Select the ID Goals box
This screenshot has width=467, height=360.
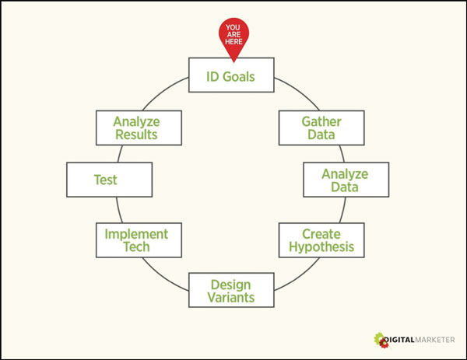(x=231, y=75)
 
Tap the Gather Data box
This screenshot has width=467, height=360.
(x=321, y=128)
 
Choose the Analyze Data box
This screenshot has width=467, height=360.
(x=346, y=180)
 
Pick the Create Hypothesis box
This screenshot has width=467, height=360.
(x=321, y=240)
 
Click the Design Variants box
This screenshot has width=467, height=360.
(x=231, y=290)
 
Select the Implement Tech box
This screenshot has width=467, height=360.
(x=139, y=240)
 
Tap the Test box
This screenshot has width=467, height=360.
(x=109, y=180)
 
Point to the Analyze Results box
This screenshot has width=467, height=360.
(x=139, y=128)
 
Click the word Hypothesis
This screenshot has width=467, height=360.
(x=321, y=247)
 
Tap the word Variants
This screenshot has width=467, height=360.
(x=231, y=297)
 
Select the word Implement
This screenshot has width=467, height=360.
(x=136, y=235)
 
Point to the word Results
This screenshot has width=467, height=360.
(x=136, y=135)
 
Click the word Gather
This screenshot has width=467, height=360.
(x=321, y=122)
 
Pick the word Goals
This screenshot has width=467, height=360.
(x=239, y=77)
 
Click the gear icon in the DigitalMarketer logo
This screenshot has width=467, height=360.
(x=381, y=340)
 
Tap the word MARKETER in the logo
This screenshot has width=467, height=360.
(x=435, y=340)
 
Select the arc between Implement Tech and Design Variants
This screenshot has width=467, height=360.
(x=163, y=276)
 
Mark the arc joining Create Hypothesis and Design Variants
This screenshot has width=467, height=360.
(x=299, y=276)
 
